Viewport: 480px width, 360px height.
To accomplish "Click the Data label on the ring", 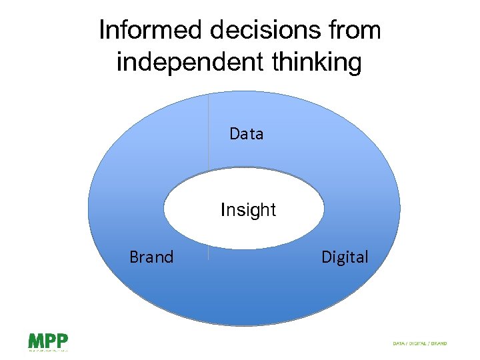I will coord(246,134).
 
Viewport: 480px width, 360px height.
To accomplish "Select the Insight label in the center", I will coord(248,210).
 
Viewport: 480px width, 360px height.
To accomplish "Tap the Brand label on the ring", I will coord(151,257).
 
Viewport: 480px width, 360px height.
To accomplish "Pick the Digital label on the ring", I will coord(345,257).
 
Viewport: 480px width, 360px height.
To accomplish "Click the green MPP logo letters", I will coord(47,341).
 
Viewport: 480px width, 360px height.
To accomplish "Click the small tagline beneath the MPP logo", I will coord(47,349).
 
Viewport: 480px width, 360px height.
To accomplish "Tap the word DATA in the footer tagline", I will coord(399,344).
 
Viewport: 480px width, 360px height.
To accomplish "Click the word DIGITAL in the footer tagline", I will coord(419,344).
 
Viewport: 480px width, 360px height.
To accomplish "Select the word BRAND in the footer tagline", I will coord(439,344).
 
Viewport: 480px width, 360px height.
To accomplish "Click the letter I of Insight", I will coord(223,210).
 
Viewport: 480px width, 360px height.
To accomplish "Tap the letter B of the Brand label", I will coord(133,257).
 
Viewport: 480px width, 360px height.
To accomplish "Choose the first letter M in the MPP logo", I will coord(35,341).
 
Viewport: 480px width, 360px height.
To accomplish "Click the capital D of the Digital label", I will coord(326,257).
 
